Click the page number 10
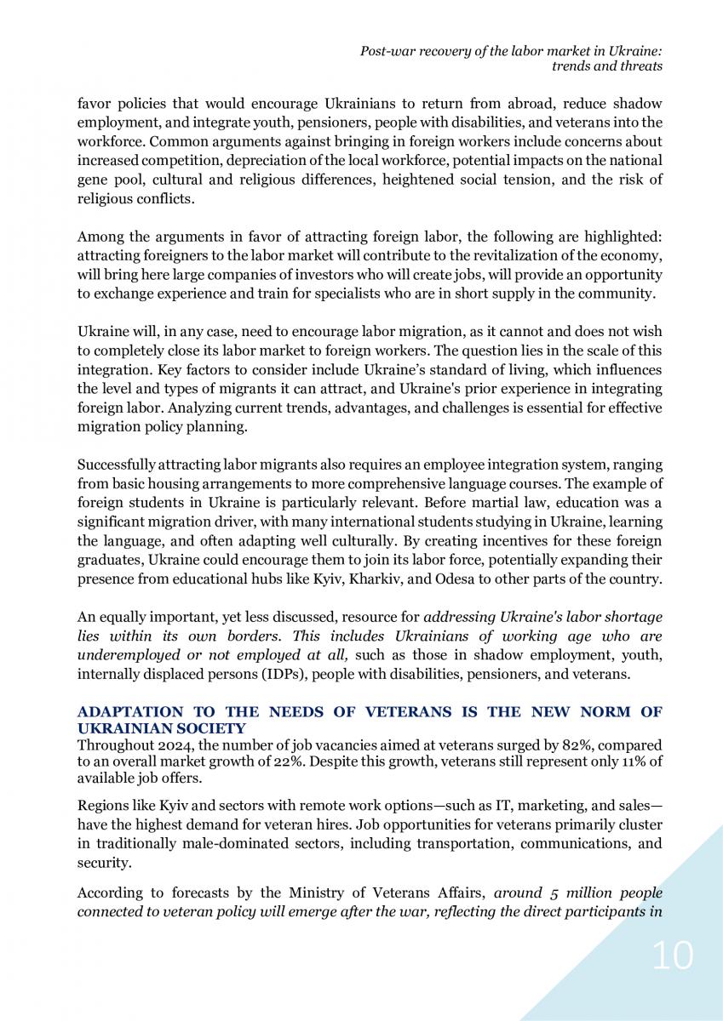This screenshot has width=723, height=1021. pos(673,957)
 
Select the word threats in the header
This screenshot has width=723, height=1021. pos(640,66)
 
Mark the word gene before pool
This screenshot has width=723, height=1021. pos(91,180)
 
